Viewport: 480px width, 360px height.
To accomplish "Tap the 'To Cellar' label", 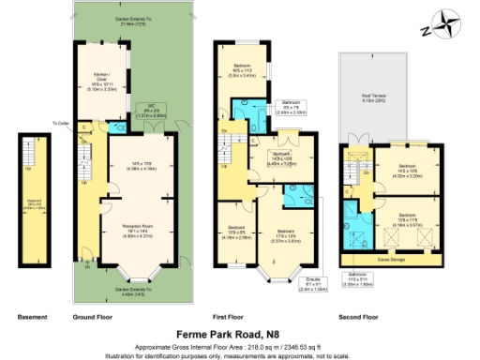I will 62,123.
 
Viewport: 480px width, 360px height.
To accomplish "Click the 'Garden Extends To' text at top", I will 134,19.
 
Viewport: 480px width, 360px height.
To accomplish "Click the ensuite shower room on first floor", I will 297,191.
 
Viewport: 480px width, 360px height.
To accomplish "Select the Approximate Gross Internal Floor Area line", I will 239,345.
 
